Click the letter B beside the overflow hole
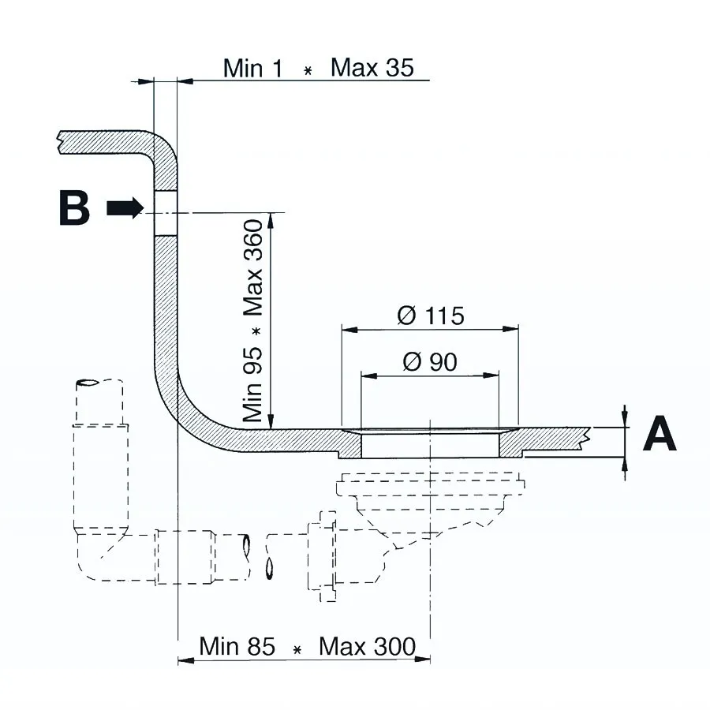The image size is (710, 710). (74, 207)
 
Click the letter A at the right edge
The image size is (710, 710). (660, 434)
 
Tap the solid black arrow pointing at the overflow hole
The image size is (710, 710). (125, 208)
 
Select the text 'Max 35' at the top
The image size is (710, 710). (372, 68)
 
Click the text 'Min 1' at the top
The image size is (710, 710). (252, 69)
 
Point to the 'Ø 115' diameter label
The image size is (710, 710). (431, 315)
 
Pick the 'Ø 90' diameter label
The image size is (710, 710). (430, 362)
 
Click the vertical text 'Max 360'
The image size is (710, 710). (253, 267)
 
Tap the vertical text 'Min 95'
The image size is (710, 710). (253, 384)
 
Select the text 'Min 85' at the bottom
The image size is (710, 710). (237, 646)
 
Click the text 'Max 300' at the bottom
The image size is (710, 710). (367, 646)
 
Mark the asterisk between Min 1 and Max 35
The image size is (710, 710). (308, 71)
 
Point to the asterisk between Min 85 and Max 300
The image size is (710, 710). (297, 650)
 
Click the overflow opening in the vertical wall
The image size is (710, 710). (166, 213)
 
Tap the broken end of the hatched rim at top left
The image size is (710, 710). (59, 143)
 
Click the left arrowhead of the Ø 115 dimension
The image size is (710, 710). (349, 329)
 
